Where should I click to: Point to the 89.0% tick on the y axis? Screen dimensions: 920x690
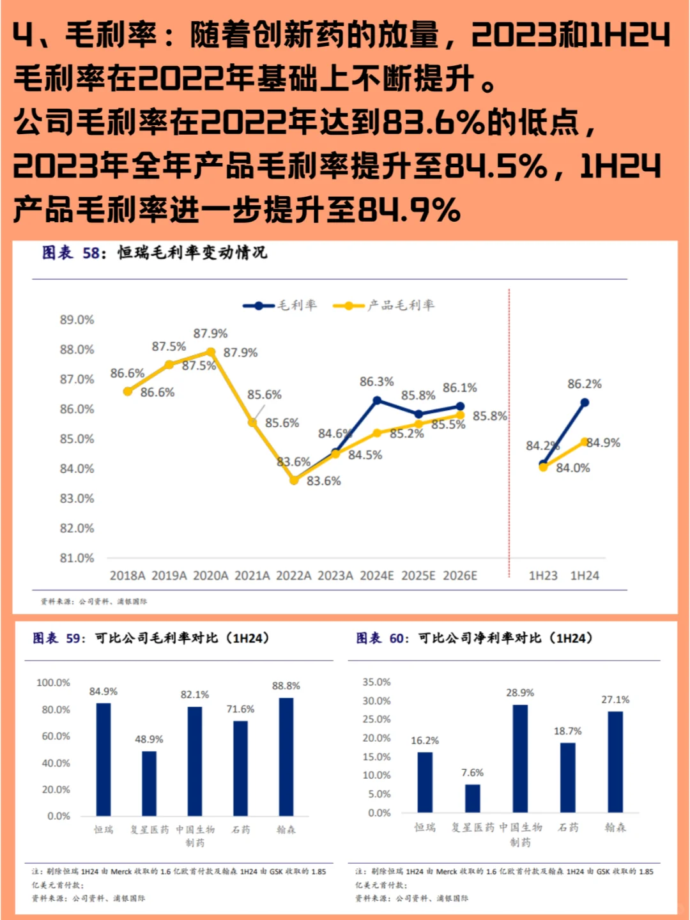[x=77, y=319]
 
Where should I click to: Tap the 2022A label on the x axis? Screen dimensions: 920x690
[x=293, y=576]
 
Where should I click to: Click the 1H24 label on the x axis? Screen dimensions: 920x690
[x=585, y=576]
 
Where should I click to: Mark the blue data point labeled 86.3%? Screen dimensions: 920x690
[x=377, y=401]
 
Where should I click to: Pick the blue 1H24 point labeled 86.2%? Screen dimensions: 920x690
[x=585, y=402]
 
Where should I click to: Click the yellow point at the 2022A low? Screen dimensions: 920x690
[x=294, y=480]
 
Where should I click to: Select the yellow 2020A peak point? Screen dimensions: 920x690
[x=211, y=352]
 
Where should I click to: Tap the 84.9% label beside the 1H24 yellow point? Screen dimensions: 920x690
[x=603, y=443]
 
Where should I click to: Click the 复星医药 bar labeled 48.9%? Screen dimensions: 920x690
[x=149, y=783]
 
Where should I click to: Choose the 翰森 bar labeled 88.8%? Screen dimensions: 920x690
[x=286, y=756]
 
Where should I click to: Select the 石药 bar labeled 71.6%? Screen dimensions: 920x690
[x=240, y=768]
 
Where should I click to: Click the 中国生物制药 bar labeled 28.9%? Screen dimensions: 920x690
[x=520, y=758]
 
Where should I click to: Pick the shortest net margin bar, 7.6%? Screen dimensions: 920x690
[x=473, y=798]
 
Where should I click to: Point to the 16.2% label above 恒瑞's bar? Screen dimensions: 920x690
[x=425, y=740]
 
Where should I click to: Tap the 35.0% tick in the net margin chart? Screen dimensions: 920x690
[x=376, y=682]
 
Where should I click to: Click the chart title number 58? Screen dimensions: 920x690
[x=91, y=253]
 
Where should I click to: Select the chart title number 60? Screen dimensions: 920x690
[x=397, y=638]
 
